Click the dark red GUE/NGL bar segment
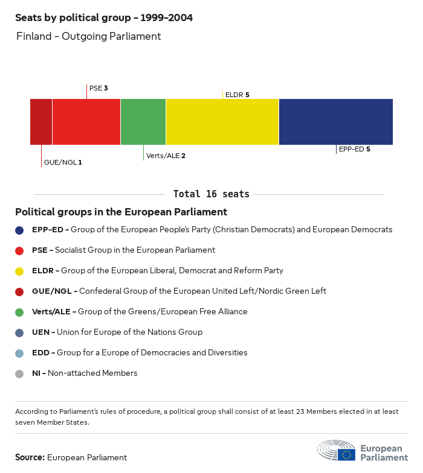click(x=41, y=122)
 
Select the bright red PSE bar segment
click(x=86, y=122)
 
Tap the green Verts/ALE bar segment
click(x=143, y=122)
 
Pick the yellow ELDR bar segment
click(x=222, y=122)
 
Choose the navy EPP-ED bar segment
click(x=336, y=122)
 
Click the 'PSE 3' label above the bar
click(x=98, y=88)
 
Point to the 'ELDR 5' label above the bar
click(x=237, y=95)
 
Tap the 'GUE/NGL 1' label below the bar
click(x=63, y=162)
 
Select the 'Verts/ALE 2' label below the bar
click(x=166, y=156)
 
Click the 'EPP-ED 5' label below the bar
click(x=354, y=149)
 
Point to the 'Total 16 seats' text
click(x=211, y=194)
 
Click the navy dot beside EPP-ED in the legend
click(x=20, y=230)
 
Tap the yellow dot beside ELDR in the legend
click(x=20, y=271)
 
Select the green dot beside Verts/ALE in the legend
click(x=20, y=312)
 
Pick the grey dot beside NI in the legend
click(x=20, y=373)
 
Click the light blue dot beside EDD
click(x=20, y=353)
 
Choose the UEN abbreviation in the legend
click(x=40, y=332)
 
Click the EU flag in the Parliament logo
click(x=346, y=454)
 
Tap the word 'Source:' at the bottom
click(x=30, y=457)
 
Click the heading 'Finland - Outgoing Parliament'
click(x=89, y=36)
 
